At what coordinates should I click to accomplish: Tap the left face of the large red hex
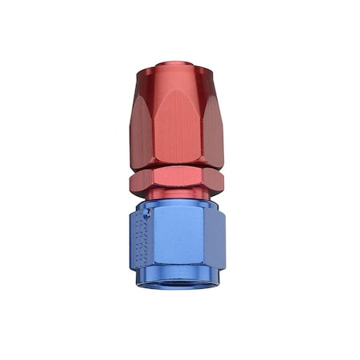[x=138, y=120]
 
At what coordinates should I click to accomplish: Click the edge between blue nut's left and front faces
[x=152, y=240]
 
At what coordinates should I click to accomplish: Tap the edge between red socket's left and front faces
[x=151, y=120]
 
